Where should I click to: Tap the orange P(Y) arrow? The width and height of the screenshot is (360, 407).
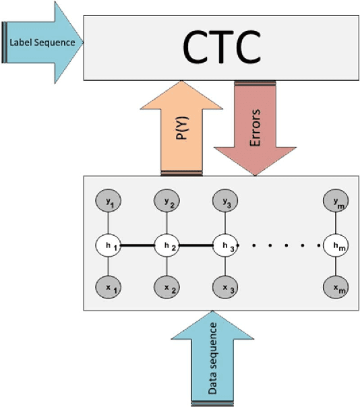[182, 127]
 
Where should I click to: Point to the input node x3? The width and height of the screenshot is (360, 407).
[224, 288]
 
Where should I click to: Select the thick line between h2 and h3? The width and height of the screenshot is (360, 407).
[195, 244]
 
